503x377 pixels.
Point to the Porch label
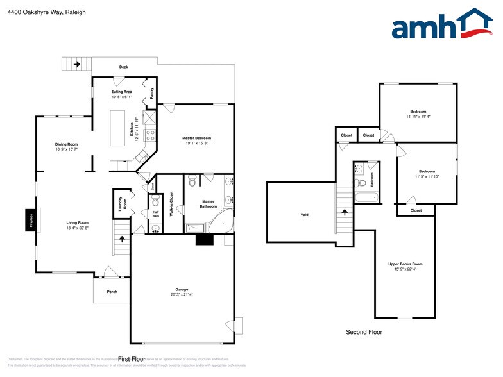point(112,292)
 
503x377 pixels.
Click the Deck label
point(124,67)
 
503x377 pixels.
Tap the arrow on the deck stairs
point(77,64)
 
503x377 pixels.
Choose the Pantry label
point(151,94)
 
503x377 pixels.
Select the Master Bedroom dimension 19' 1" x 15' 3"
point(196,144)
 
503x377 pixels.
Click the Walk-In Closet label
point(171,204)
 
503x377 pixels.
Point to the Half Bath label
point(155,214)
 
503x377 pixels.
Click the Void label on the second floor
point(304,214)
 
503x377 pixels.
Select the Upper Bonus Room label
point(405,264)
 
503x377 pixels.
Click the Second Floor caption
point(364,332)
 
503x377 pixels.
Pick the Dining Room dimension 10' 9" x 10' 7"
point(66,149)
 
